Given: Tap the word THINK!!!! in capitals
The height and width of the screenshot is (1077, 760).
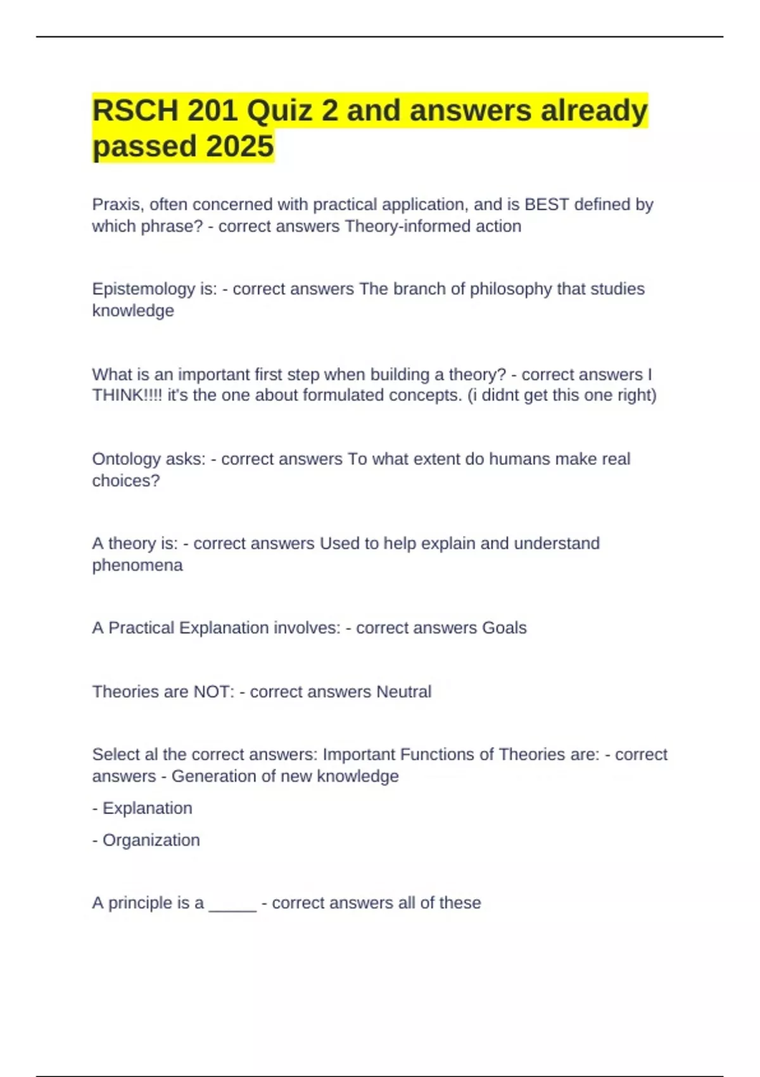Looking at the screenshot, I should point(127,395).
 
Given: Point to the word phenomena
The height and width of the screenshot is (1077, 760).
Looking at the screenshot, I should point(137,565).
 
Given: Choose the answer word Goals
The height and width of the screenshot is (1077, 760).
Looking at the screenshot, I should point(504,628).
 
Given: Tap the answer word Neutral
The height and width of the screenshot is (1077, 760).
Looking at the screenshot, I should point(403,692).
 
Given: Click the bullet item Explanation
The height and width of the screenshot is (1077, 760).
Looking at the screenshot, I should point(147,808).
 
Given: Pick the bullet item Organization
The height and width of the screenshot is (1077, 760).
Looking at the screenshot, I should point(151,840).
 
